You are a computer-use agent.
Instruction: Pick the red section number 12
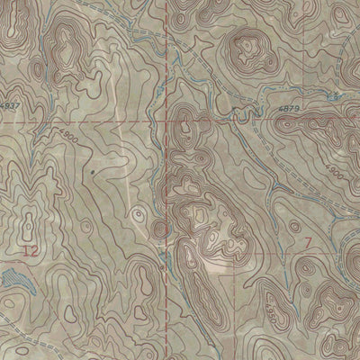(x=31, y=249)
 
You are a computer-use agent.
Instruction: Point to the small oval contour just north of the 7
(x=306, y=220)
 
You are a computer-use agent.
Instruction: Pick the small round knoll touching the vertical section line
(x=159, y=225)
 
